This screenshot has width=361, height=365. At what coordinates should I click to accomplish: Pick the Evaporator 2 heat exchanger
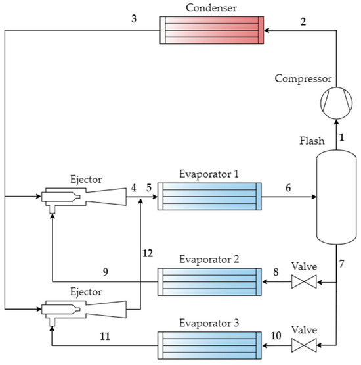(209, 283)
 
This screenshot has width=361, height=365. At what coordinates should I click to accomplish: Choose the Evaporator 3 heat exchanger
(209, 344)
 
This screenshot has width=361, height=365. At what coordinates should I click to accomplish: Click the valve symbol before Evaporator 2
(303, 283)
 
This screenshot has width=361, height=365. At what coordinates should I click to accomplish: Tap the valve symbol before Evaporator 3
(303, 344)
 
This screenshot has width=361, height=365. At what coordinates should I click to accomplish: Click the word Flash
(310, 141)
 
